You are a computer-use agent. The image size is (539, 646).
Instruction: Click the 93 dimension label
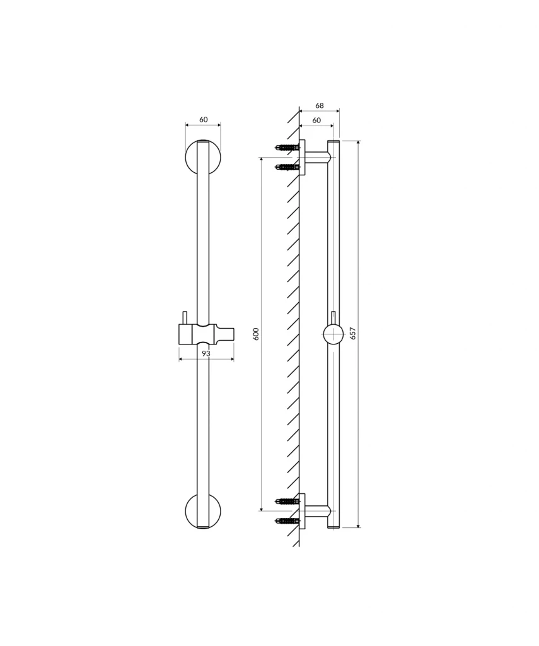[x=206, y=354]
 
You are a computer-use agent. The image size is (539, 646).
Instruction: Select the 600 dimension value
[x=256, y=334]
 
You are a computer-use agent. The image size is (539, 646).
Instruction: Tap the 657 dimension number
[x=353, y=334]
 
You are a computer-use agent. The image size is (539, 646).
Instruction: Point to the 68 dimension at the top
[x=320, y=105]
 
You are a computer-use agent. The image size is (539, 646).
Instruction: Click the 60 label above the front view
[x=203, y=119]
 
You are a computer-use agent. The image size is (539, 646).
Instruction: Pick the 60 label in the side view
[x=316, y=120]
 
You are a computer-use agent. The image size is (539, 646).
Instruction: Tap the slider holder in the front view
[x=206, y=334]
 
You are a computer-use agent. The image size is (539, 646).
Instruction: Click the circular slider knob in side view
[x=333, y=334]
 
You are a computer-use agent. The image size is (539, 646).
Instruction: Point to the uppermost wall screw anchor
[x=287, y=148]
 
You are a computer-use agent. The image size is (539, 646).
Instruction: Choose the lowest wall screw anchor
[x=287, y=521]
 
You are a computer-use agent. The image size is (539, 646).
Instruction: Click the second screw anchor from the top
[x=287, y=167]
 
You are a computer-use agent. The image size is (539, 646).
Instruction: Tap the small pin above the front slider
[x=185, y=317]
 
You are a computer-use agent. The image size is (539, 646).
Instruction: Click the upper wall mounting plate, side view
[x=303, y=157]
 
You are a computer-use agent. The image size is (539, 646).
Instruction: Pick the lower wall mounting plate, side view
[x=303, y=511]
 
